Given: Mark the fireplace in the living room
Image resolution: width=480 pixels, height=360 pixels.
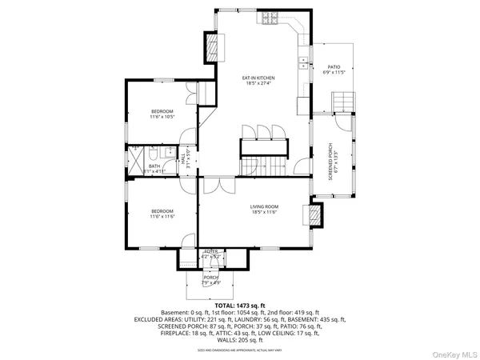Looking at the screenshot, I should pyautogui.click(x=314, y=214).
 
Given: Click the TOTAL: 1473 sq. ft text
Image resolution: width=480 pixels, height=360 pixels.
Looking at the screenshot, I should pyautogui.click(x=235, y=305).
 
